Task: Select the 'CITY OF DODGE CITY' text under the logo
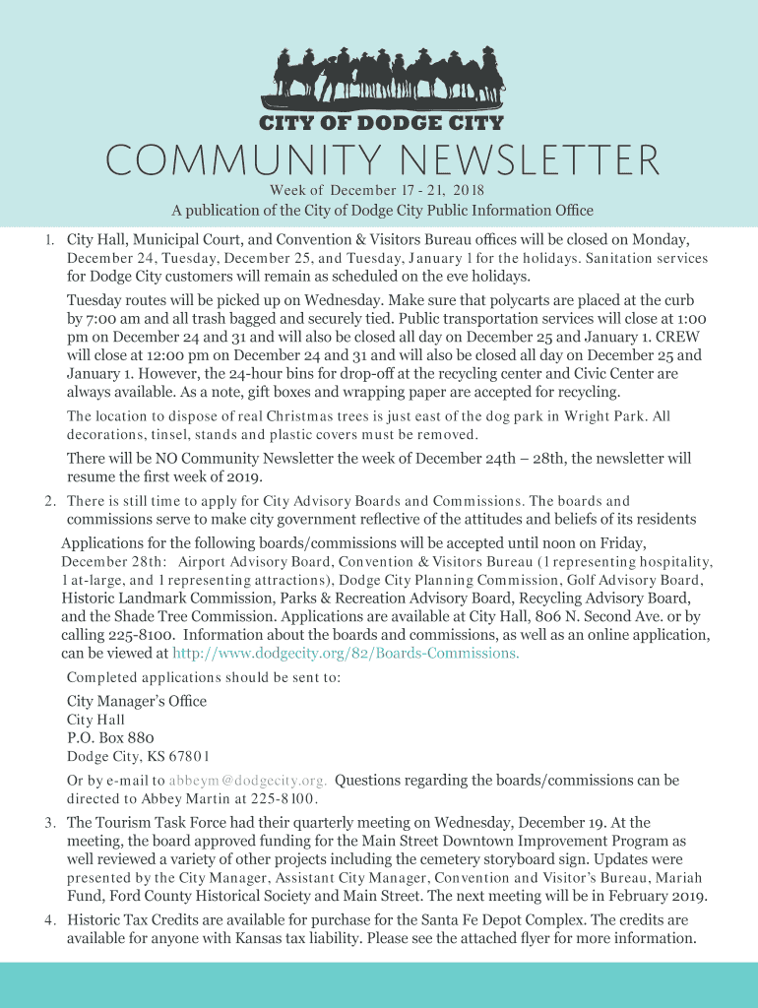click(380, 123)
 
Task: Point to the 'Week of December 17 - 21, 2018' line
click(378, 190)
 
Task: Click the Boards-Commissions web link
click(346, 653)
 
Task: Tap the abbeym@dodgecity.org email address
click(248, 782)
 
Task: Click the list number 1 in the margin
click(48, 240)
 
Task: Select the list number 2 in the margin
click(48, 502)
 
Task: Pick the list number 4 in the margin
click(48, 920)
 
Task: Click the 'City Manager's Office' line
click(137, 701)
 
